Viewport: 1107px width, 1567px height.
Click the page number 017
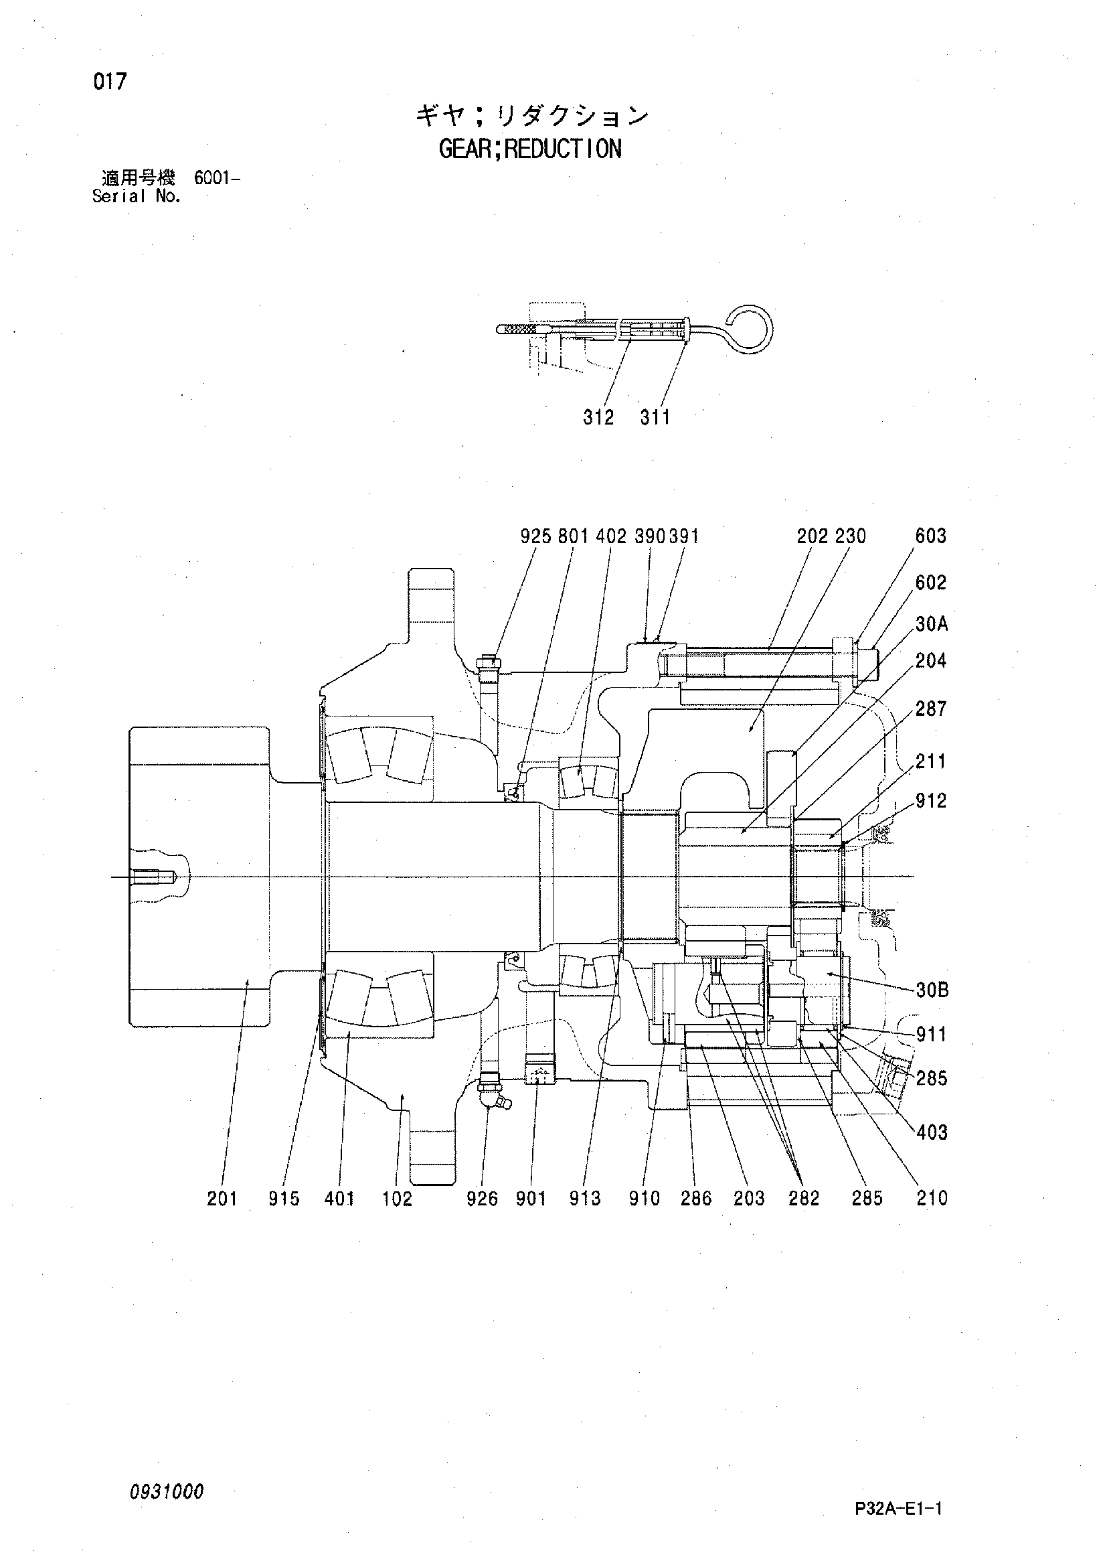point(110,82)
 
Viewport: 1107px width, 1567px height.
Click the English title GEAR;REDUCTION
point(531,149)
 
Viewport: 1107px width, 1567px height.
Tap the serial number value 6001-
point(217,179)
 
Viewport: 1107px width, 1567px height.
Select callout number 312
point(598,417)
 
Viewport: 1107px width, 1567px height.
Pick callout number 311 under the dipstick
point(655,417)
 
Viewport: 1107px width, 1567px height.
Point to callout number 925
point(535,536)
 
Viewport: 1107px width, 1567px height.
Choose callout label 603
point(931,536)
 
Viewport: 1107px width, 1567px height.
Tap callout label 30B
point(932,990)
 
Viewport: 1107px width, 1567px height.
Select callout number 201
point(222,1199)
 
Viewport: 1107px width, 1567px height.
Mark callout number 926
point(483,1199)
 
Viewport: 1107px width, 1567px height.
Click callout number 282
point(804,1199)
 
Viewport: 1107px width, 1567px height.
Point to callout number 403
point(932,1133)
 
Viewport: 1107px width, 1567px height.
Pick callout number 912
point(931,800)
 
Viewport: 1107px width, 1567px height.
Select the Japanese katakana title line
point(532,116)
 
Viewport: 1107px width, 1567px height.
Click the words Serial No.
point(137,197)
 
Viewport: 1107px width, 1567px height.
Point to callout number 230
point(850,536)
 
